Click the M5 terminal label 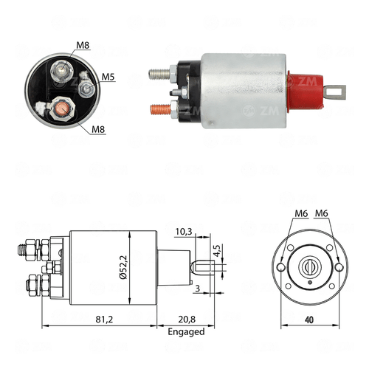(x=108, y=77)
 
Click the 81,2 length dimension (x=104, y=320)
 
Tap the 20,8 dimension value (x=187, y=320)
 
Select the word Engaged (x=186, y=332)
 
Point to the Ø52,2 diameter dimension (x=123, y=267)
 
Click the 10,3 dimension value (x=184, y=232)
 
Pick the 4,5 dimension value (x=217, y=251)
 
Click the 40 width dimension (x=309, y=320)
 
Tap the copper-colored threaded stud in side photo (x=160, y=109)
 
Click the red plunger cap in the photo (x=306, y=92)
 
